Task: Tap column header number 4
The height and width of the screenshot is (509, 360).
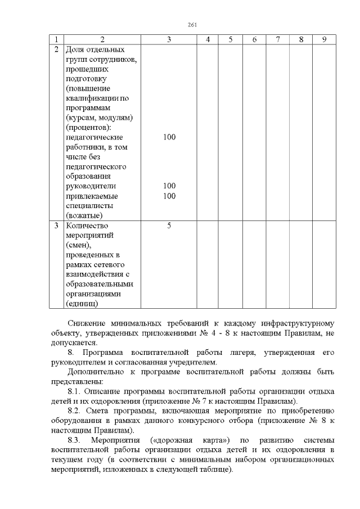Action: [x=208, y=39]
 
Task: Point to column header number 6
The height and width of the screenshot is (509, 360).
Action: [x=255, y=39]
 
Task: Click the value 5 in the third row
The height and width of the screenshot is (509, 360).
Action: [x=169, y=226]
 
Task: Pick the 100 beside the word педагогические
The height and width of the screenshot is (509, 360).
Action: [x=169, y=137]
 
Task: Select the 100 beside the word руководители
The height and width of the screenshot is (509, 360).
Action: [x=169, y=186]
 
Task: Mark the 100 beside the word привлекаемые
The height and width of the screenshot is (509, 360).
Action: [x=169, y=196]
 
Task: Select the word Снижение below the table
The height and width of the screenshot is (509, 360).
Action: [x=85, y=323]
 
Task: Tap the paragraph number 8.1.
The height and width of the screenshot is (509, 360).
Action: [x=74, y=391]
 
